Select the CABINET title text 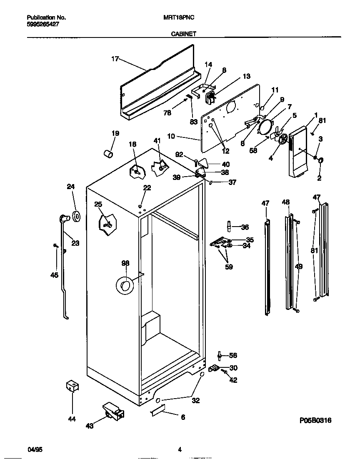click(183, 35)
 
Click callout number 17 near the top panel click(115, 59)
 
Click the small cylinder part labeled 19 click(108, 154)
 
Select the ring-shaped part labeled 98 click(124, 285)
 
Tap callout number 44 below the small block click(72, 419)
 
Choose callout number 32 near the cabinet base click(195, 401)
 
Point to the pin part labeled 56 click(219, 355)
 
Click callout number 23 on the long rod click(75, 243)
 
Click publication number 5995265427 click(42, 25)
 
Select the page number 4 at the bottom click(180, 449)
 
